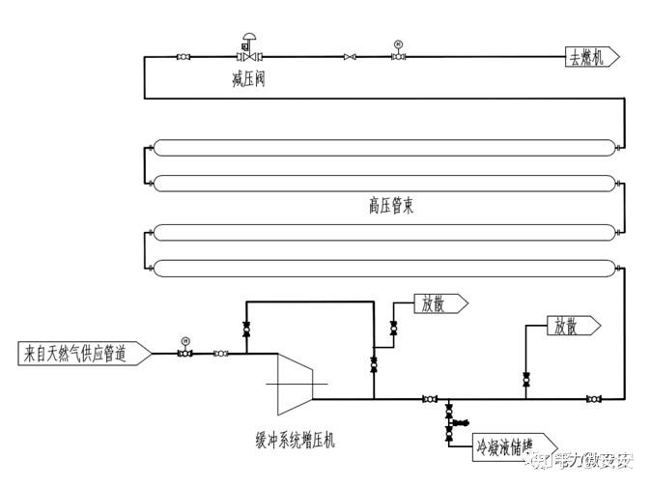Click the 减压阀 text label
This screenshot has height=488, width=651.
[x=248, y=79]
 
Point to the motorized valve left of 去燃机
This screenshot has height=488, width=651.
[x=398, y=56]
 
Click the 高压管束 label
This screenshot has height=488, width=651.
[x=390, y=206]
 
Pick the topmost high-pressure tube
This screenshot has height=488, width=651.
[x=383, y=148]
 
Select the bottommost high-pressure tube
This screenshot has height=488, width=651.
[x=383, y=268]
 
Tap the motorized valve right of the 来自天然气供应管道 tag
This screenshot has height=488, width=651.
[x=184, y=353]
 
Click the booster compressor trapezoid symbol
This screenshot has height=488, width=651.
[x=295, y=376]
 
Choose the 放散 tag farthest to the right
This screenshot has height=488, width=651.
[x=571, y=326]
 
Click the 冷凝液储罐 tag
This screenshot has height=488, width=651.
[x=505, y=448]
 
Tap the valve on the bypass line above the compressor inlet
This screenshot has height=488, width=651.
[x=245, y=330]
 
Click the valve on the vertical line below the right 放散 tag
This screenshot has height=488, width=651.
[x=525, y=379]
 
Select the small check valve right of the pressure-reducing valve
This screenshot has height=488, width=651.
[x=349, y=57]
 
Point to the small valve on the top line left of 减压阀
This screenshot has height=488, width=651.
[x=184, y=57]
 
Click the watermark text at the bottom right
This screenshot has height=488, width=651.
[x=580, y=462]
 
